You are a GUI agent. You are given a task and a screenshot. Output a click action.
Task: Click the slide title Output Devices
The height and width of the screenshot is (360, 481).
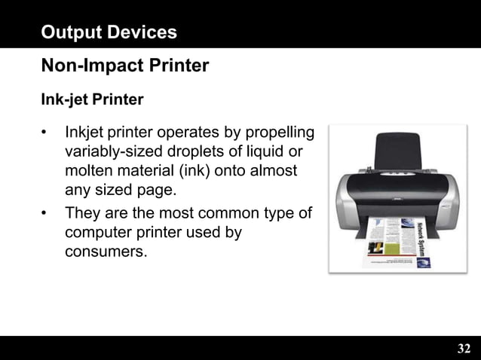[x=109, y=32]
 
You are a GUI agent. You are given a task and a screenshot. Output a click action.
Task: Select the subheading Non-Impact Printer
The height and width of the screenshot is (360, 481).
[x=124, y=66]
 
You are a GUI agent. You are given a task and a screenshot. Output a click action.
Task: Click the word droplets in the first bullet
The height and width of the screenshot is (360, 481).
[x=198, y=153]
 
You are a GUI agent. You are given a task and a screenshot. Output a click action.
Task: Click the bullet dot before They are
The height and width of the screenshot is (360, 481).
[x=45, y=214]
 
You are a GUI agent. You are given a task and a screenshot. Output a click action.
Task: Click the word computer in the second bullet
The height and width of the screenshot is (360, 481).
[x=100, y=232]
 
